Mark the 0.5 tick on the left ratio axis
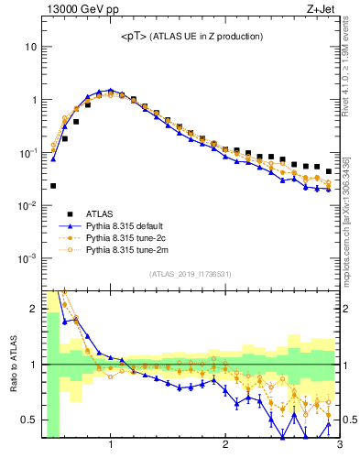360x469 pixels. tap(29, 420)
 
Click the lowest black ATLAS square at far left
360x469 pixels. tap(53, 186)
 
